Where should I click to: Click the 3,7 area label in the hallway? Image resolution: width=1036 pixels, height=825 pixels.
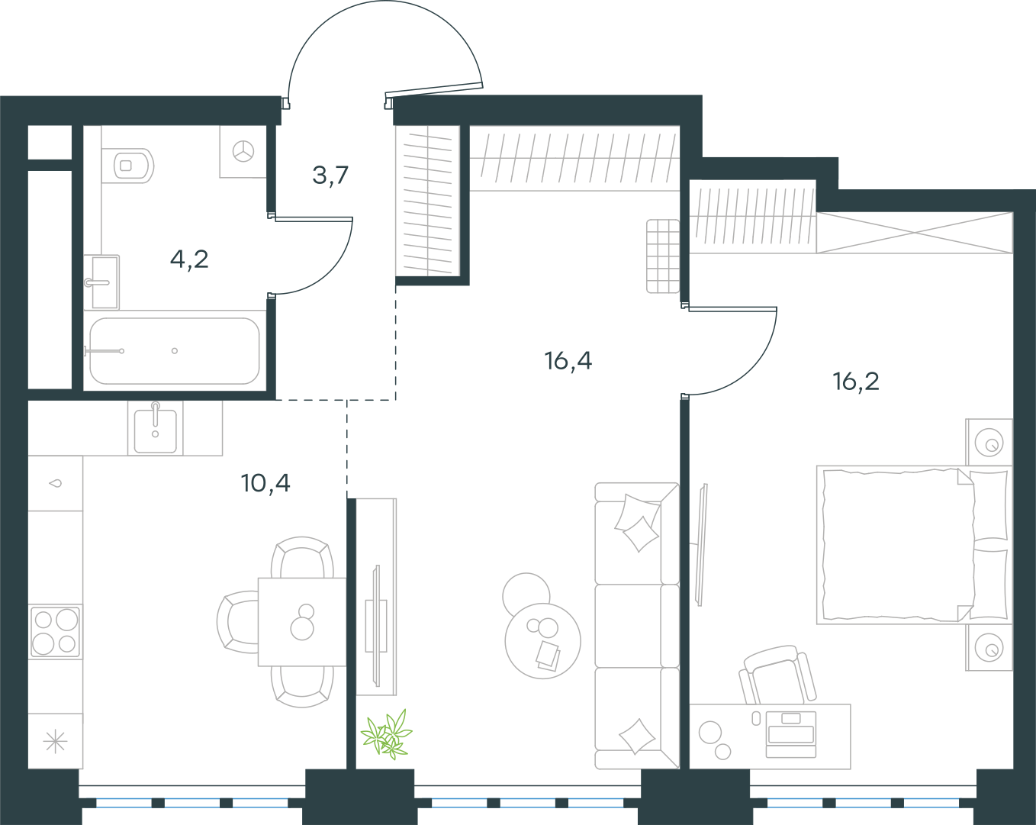click(x=330, y=176)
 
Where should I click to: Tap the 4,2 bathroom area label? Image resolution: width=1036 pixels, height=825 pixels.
click(x=189, y=260)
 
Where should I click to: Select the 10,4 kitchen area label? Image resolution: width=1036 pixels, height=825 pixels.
click(x=265, y=483)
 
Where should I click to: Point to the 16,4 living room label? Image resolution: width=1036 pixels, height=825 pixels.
click(x=568, y=361)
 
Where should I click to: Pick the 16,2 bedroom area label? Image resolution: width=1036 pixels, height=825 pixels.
click(x=856, y=382)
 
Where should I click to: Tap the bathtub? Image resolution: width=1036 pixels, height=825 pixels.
click(x=174, y=350)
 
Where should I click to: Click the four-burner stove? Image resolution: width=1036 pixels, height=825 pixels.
click(x=55, y=632)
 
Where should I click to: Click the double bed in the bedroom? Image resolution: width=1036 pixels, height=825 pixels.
click(x=915, y=545)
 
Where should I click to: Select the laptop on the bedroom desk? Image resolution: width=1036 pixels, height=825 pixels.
click(x=790, y=734)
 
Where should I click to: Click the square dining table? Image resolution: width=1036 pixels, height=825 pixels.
click(x=302, y=622)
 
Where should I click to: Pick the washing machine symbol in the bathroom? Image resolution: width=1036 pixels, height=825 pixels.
click(x=243, y=152)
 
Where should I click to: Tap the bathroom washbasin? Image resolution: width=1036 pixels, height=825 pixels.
click(x=101, y=282)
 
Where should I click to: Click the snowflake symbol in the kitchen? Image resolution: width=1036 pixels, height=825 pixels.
click(x=56, y=741)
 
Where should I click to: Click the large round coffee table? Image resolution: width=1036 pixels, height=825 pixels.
click(x=542, y=641)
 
